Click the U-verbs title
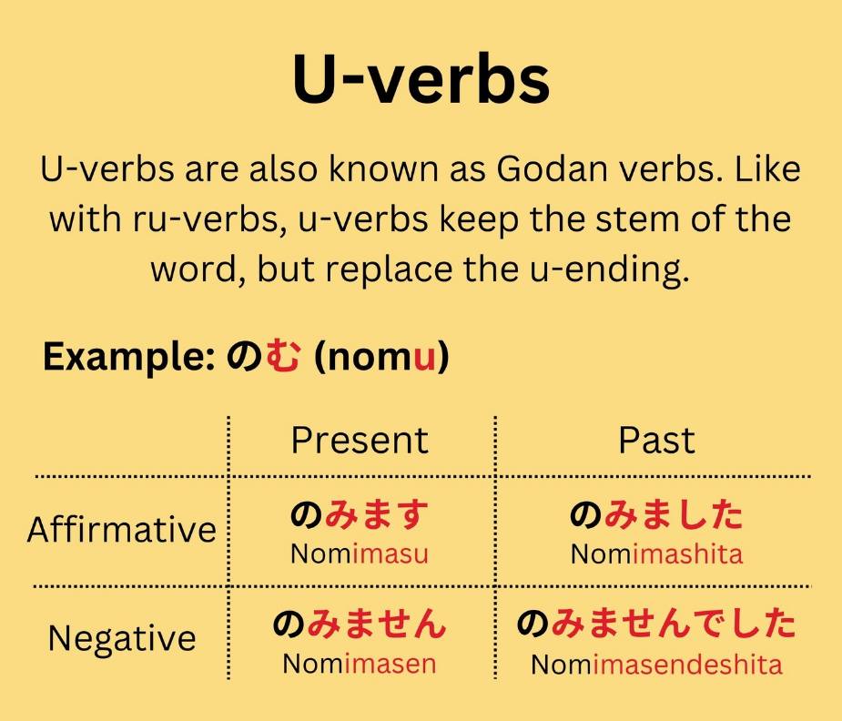421,79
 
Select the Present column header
360,441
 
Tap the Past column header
656,441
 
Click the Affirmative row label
121,529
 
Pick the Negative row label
122,638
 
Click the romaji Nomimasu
360,554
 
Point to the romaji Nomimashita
656,554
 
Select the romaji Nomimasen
360,664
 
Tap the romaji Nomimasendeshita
656,664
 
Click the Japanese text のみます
360,514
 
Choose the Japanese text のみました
656,514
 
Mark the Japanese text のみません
360,623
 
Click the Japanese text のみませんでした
656,623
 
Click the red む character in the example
282,355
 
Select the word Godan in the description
552,168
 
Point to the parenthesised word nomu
381,357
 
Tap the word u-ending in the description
610,270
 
